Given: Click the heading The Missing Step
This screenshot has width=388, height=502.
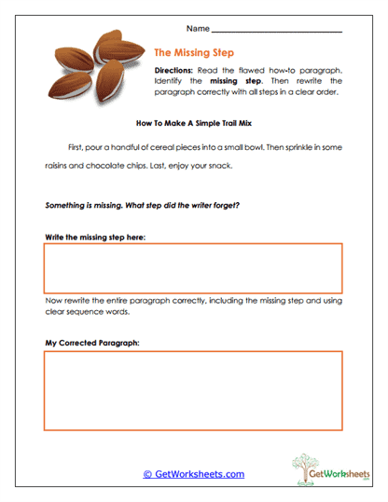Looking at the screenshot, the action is (195, 54).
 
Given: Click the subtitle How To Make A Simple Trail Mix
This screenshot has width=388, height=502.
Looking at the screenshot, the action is (194, 123).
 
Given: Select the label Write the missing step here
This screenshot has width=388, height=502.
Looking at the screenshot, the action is (95, 237).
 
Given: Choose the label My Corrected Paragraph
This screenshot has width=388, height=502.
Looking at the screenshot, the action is (92, 343).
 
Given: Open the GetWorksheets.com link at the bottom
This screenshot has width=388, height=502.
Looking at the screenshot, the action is (193, 474).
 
